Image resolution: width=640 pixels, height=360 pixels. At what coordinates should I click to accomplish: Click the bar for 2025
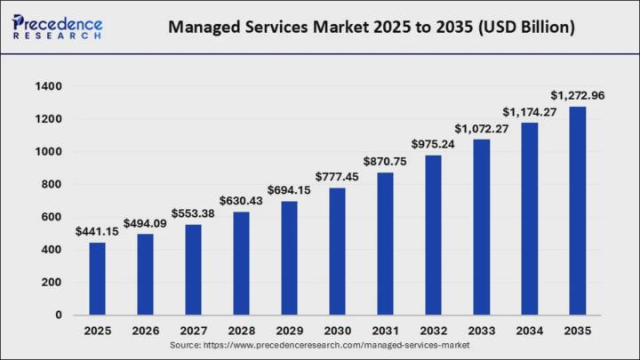(97, 279)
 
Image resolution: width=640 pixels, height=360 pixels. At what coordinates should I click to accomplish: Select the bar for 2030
(337, 252)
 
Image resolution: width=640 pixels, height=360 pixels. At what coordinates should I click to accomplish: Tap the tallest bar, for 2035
(577, 211)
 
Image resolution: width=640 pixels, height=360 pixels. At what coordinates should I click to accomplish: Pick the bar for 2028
(241, 263)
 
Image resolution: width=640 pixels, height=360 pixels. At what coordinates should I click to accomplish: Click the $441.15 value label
(97, 232)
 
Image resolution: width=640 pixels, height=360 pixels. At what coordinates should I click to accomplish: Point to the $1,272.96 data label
(578, 95)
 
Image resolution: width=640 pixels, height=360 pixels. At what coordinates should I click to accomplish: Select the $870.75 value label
(385, 162)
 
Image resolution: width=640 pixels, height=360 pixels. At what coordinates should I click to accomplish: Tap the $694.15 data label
(289, 190)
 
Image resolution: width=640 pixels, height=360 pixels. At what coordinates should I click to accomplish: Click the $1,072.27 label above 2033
(482, 129)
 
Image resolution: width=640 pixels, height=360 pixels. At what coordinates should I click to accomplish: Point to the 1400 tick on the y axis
(49, 86)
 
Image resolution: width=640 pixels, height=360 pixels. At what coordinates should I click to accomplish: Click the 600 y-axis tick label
(52, 217)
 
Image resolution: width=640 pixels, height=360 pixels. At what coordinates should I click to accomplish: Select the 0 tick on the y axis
(59, 315)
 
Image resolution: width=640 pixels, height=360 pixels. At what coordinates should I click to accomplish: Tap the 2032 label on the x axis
(434, 331)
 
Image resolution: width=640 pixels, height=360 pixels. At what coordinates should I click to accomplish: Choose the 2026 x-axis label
(145, 331)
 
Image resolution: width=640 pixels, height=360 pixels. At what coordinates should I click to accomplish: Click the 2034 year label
(530, 331)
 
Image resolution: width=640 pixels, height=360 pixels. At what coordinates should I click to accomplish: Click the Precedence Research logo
(57, 27)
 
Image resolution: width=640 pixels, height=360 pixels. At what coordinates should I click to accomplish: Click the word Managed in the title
(205, 28)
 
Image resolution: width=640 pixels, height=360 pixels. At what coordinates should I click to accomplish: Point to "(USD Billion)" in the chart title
(526, 28)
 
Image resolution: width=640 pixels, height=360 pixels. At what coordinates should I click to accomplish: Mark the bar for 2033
(482, 228)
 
